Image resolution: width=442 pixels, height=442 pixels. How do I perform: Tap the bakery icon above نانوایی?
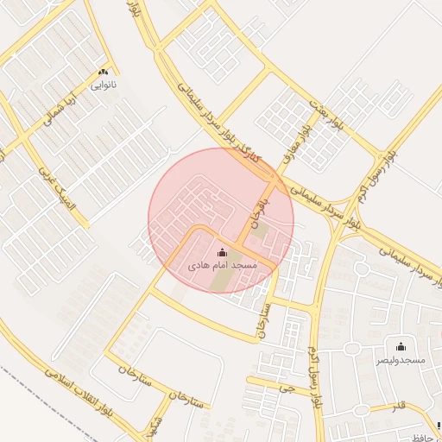pos(104,73)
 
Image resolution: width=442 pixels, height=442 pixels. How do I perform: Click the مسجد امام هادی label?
pos(223,266)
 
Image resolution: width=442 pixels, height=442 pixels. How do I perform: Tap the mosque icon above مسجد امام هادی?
pos(223,252)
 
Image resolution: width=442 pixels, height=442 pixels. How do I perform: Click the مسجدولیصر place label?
pos(399,357)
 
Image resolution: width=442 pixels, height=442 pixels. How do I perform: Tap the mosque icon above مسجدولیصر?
pos(400,343)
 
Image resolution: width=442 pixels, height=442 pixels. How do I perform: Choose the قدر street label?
pos(399,406)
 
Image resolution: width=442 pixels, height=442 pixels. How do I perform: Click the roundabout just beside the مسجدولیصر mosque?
pos(353,348)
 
